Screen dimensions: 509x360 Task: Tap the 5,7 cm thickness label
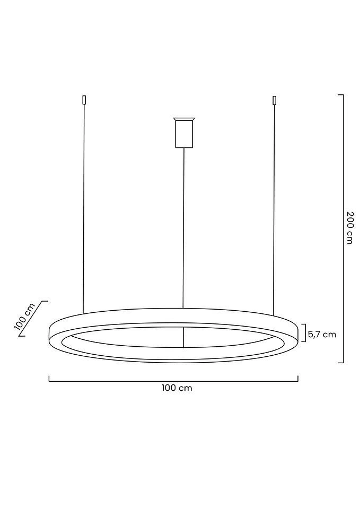coord(322,334)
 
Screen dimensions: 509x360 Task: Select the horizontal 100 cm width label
coord(177,388)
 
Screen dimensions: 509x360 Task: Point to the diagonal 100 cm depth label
coord(24,317)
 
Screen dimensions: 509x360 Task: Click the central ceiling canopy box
coord(184,134)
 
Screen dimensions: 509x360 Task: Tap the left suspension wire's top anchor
coord(84,100)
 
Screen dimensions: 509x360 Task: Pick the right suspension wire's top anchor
coord(275,100)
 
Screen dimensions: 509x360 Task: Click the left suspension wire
coord(84,207)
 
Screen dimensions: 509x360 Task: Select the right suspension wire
coord(274,207)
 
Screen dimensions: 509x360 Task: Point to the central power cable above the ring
coord(183,228)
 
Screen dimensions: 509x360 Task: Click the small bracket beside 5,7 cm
coord(304,333)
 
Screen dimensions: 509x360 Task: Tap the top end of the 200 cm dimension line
coord(341,95)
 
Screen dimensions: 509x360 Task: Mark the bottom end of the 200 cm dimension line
coord(341,363)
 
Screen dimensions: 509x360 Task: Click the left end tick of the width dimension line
coord(49,379)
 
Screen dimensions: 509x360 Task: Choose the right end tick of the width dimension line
coord(298,379)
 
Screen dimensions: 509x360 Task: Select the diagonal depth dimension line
coord(33,319)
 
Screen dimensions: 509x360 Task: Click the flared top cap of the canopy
coord(184,119)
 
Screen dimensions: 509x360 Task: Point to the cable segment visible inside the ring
coord(183,337)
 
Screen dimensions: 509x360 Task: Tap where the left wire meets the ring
coord(83,313)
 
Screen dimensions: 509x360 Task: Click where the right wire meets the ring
coord(274,314)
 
